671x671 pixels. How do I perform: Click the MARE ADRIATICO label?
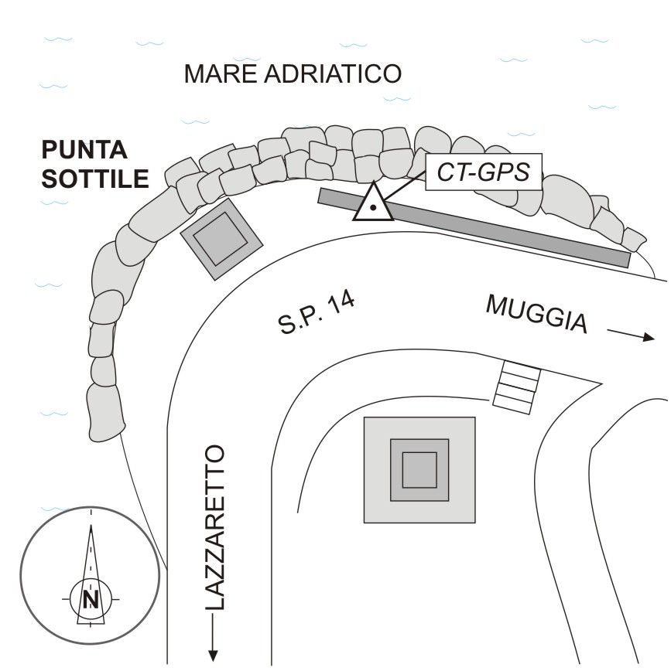tap(293, 75)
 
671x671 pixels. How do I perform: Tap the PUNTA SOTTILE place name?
tap(95, 164)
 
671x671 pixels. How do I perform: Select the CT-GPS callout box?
tap(483, 172)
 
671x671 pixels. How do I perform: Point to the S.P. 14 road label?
tap(318, 312)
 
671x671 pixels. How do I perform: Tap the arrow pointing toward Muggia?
tap(631, 335)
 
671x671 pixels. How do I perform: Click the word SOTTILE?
tap(95, 179)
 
